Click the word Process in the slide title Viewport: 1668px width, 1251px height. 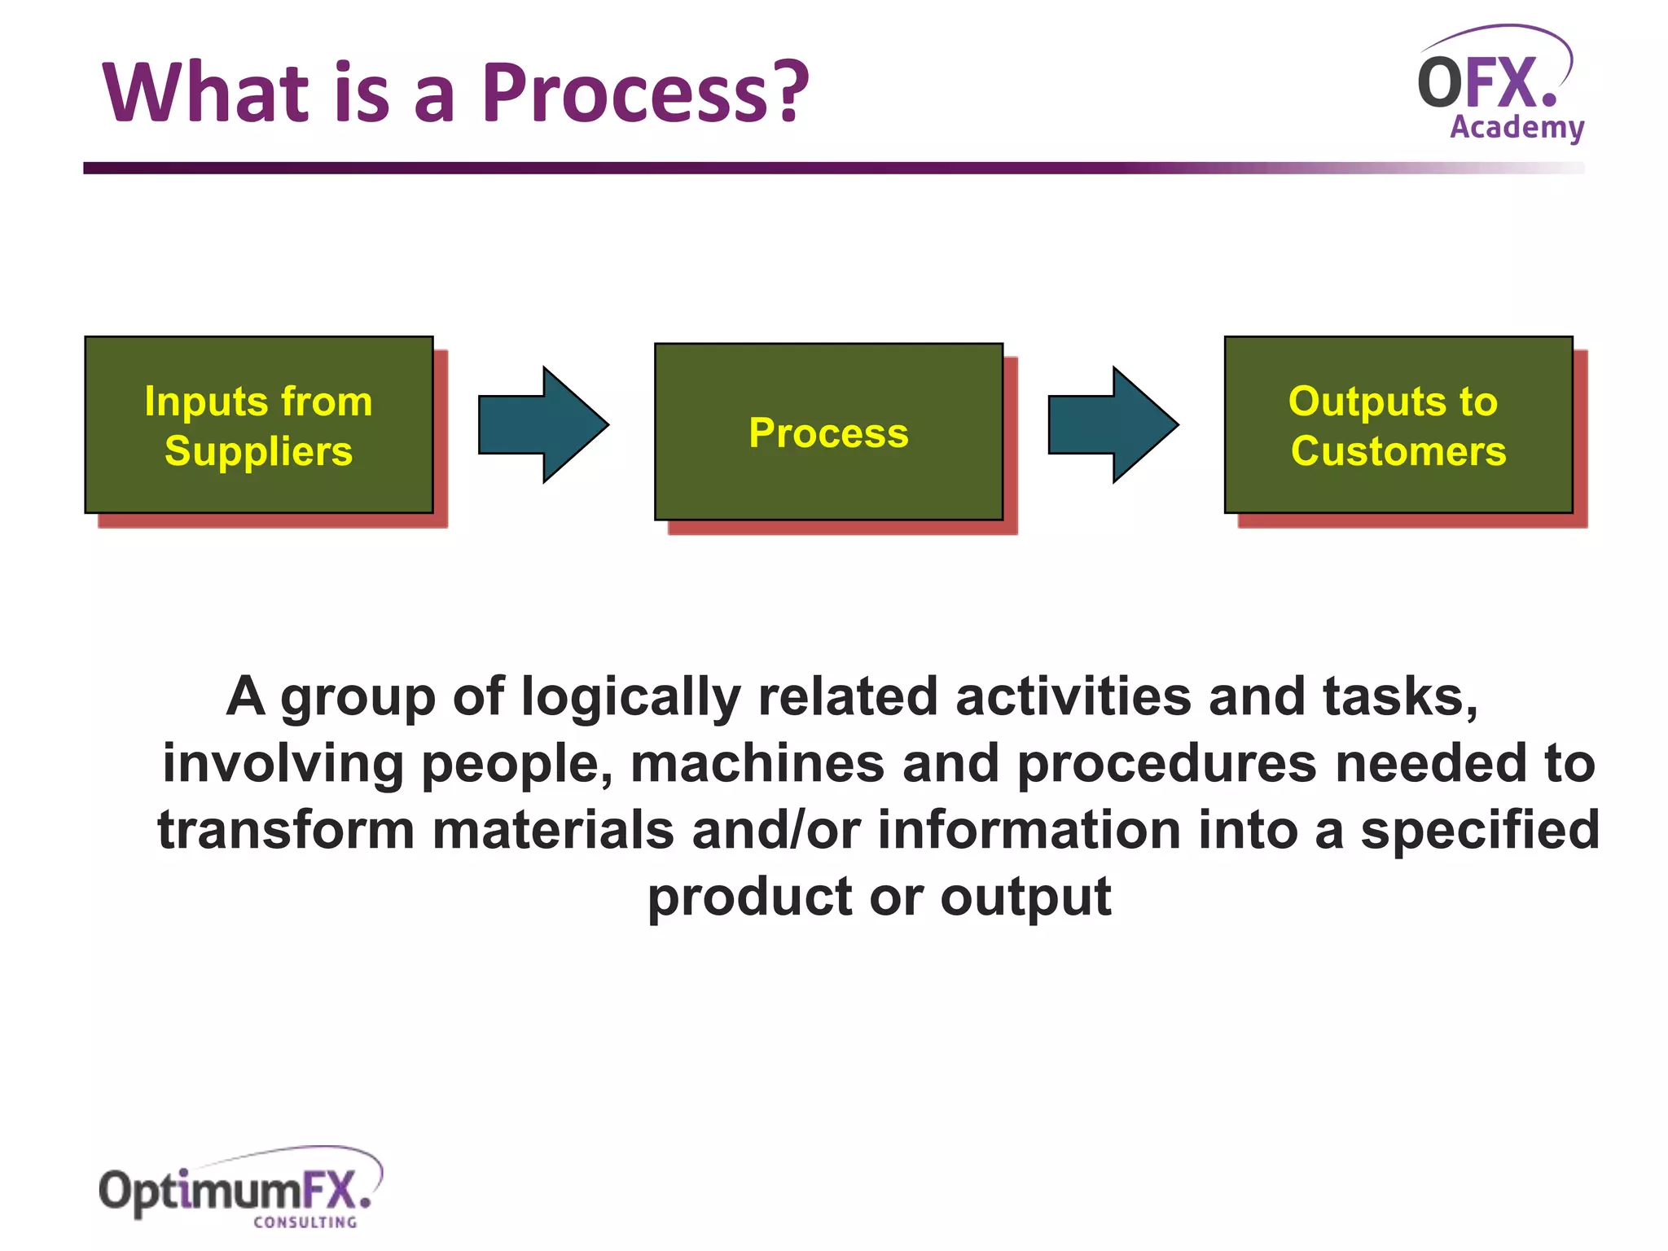pos(623,94)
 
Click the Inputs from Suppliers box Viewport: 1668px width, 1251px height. pos(259,424)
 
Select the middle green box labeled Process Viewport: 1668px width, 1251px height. pos(828,432)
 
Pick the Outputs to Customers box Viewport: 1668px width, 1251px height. pos(1398,424)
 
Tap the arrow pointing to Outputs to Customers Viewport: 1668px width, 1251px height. pos(1113,424)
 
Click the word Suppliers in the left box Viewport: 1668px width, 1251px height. pos(259,451)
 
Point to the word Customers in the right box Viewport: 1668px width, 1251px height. pos(1398,451)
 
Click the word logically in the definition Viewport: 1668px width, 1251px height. pos(630,698)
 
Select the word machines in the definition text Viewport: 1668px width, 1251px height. pos(757,764)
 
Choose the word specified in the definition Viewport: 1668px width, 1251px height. pos(1480,831)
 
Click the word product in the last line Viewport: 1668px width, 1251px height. pos(749,898)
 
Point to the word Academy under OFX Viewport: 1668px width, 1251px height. pos(1517,128)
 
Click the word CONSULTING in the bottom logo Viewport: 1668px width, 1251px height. pos(305,1222)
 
